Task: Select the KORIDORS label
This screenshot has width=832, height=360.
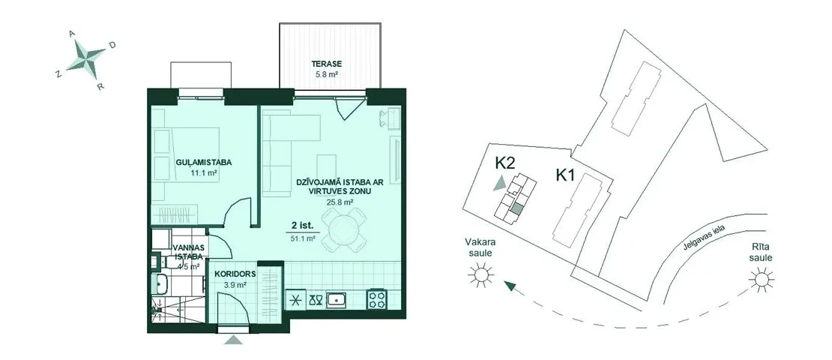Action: tap(235, 274)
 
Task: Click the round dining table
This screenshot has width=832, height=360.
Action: tap(343, 230)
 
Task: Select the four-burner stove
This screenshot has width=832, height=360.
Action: tap(377, 299)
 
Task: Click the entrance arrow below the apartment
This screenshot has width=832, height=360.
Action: tap(233, 339)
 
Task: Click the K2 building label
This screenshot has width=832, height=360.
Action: tap(504, 163)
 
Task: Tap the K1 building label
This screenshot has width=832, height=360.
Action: tap(566, 175)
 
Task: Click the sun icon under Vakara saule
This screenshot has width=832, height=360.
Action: tap(480, 275)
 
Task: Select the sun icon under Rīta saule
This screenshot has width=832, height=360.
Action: tap(761, 279)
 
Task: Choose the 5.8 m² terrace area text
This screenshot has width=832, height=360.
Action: tap(326, 76)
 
